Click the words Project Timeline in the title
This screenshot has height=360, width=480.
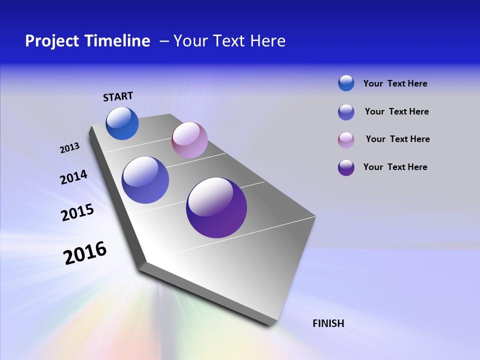tap(87, 41)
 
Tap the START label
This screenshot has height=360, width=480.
tap(118, 96)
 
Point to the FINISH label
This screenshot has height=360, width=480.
tap(328, 323)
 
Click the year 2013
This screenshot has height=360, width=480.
tap(70, 148)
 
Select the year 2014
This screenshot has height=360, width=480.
tap(74, 177)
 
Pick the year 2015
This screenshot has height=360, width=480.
tap(77, 212)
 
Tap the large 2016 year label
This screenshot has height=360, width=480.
tap(85, 253)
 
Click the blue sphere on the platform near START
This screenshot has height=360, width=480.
tap(122, 123)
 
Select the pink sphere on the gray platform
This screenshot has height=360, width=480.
tap(189, 140)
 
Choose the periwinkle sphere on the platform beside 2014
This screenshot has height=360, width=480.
tap(145, 180)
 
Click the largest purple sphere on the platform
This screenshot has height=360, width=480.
tap(216, 207)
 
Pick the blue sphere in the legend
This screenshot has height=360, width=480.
tap(346, 83)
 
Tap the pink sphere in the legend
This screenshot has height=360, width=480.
tap(346, 140)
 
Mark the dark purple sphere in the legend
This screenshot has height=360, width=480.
tap(346, 167)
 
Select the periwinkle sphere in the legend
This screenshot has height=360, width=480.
tap(346, 112)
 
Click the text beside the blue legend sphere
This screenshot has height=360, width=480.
tap(395, 83)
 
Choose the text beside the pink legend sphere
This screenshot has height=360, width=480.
tap(397, 139)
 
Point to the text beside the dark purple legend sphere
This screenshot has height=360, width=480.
tap(395, 167)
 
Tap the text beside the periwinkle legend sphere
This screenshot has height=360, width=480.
tap(396, 111)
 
